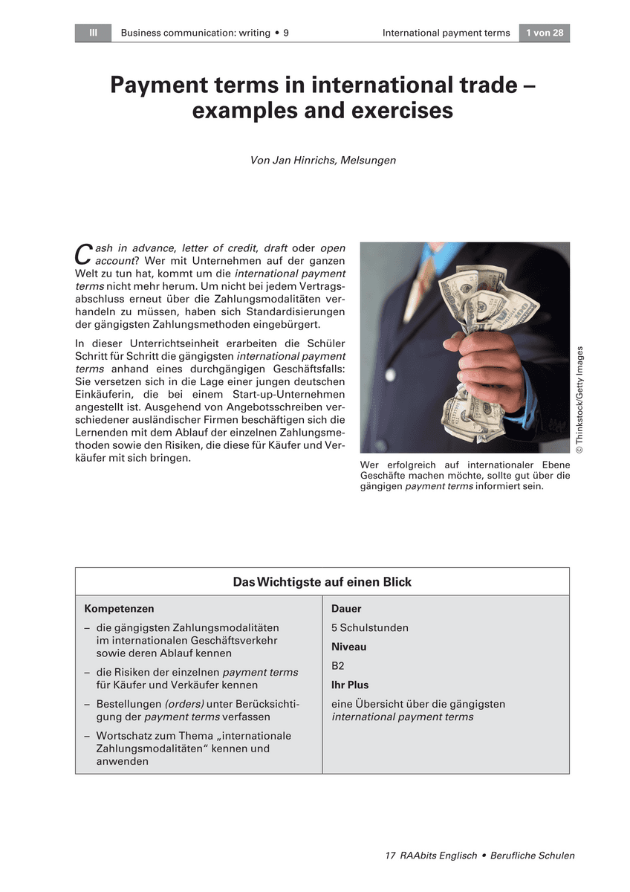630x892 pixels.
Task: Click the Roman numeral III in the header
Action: click(x=93, y=33)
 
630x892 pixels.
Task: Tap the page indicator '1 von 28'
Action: click(x=544, y=33)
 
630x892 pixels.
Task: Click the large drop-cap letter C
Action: click(x=84, y=253)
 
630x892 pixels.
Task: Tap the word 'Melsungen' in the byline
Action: click(x=368, y=160)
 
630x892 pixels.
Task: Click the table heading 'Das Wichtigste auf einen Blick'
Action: click(x=322, y=582)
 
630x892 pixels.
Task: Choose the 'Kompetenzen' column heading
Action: click(x=119, y=609)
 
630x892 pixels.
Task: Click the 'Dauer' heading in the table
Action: click(x=346, y=609)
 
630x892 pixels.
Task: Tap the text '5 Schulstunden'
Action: click(x=369, y=628)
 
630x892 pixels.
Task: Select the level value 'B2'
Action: click(x=338, y=666)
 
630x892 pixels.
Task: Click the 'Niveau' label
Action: click(x=348, y=647)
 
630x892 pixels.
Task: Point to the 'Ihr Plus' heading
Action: click(x=350, y=685)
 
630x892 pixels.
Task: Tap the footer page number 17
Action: click(x=391, y=856)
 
